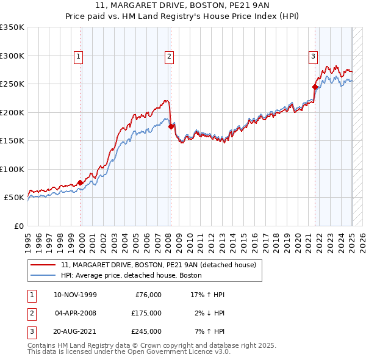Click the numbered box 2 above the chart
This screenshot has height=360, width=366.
click(169, 57)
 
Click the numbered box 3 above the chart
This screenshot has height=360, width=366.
click(313, 57)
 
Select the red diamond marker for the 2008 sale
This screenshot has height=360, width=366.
click(170, 126)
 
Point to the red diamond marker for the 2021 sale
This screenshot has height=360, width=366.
click(315, 87)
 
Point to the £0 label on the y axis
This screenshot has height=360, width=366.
click(18, 226)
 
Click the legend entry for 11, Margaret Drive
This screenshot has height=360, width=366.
click(162, 265)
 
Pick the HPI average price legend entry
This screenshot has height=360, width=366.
click(131, 276)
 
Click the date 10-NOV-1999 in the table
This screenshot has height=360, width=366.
click(75, 295)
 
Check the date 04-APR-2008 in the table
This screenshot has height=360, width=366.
click(75, 313)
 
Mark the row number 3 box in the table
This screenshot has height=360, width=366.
click(30, 331)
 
